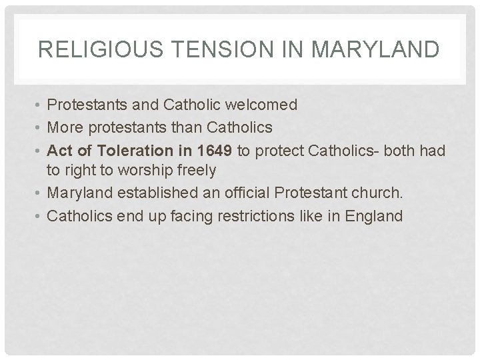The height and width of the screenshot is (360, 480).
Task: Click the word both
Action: (393, 150)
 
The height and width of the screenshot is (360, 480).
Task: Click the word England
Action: (373, 216)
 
